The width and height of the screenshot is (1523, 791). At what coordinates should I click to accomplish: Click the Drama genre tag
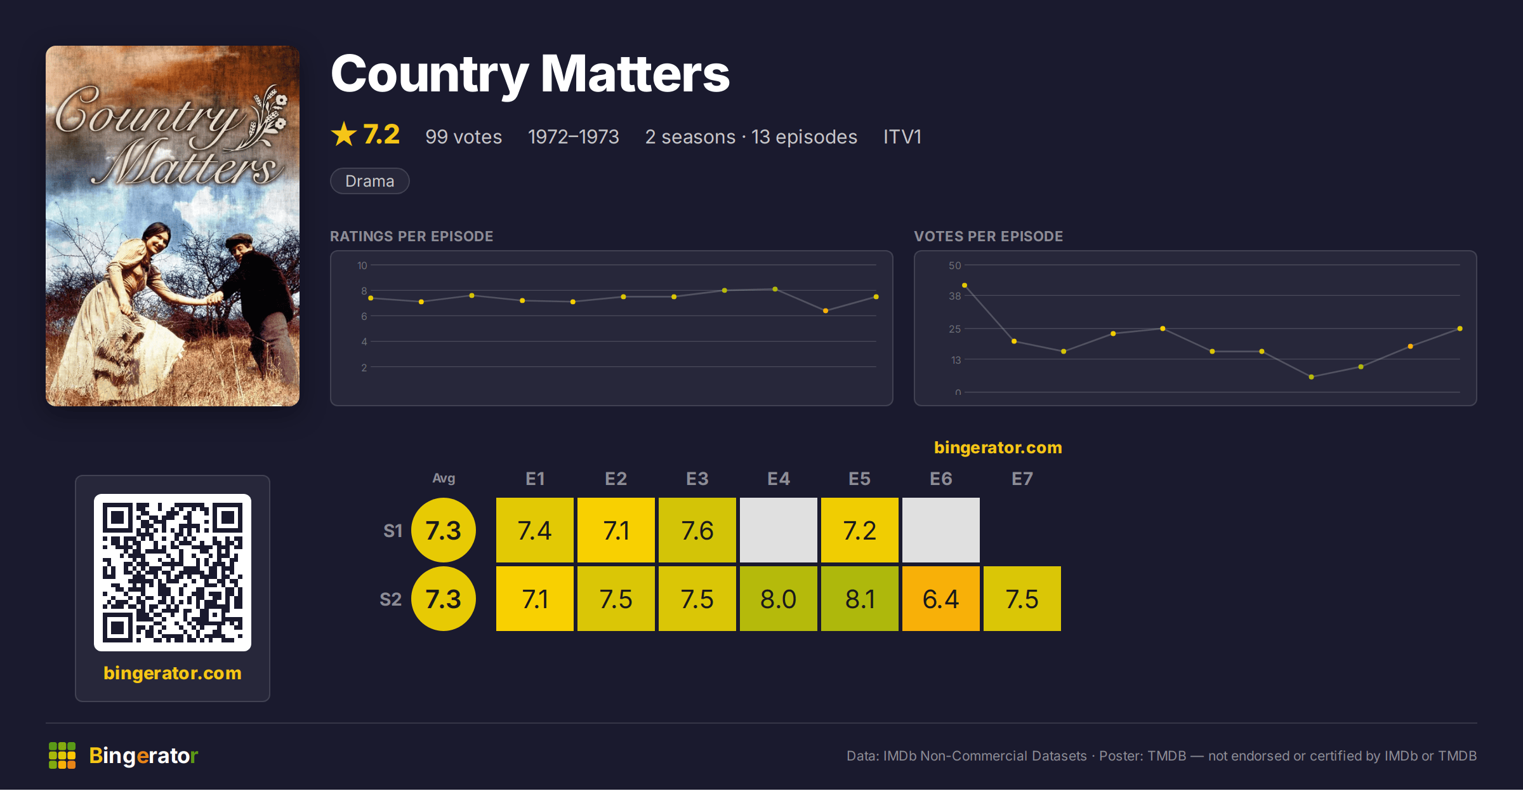tap(370, 181)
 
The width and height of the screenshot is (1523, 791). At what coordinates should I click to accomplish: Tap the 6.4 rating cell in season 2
tap(941, 599)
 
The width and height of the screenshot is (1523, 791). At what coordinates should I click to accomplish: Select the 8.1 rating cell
tap(860, 599)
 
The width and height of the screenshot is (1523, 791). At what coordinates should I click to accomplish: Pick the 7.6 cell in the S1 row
tap(697, 530)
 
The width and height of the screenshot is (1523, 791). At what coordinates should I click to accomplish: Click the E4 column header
tap(779, 479)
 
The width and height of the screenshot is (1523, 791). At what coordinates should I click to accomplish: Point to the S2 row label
tap(391, 599)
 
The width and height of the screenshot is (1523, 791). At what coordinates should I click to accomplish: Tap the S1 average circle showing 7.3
tap(444, 530)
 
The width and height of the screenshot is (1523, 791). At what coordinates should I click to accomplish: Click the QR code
tap(173, 573)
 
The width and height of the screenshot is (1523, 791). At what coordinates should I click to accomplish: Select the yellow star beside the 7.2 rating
tap(344, 134)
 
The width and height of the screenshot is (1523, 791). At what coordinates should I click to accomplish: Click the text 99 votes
tap(464, 136)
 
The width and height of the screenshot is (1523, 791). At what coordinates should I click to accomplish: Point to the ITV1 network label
tap(902, 136)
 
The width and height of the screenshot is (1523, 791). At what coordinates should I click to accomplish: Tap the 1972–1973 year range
tap(574, 136)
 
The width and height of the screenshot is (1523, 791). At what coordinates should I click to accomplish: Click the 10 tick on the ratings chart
tap(362, 265)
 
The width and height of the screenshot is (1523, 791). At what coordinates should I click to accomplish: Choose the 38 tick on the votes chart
tap(955, 296)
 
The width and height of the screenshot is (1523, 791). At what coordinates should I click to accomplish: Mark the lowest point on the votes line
tap(1311, 377)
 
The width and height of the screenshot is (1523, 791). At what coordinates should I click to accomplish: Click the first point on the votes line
tap(965, 286)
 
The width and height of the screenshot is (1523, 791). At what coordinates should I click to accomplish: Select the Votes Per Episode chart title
tap(989, 236)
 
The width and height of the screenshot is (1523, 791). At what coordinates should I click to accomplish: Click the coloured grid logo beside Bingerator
tap(62, 755)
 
